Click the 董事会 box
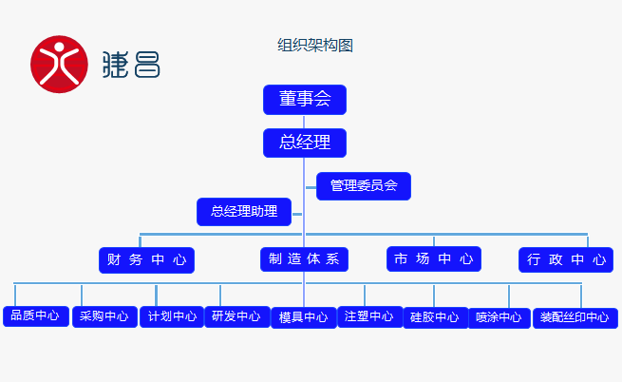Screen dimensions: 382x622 (304, 100)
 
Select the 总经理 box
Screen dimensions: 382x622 (304, 143)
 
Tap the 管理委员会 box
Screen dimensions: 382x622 (364, 186)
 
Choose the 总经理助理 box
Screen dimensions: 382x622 (244, 212)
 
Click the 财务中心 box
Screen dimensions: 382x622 (146, 259)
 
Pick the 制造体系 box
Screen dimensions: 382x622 (304, 259)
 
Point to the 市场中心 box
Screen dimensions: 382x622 (433, 258)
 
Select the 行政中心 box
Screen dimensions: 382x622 (565, 259)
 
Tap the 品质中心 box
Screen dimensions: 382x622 (35, 315)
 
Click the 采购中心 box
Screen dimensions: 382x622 (104, 316)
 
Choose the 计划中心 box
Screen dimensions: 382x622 (172, 316)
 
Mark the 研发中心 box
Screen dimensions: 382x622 (236, 316)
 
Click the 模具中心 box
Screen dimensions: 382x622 (304, 317)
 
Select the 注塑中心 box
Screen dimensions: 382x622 (369, 316)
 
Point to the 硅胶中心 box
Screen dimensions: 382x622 (435, 317)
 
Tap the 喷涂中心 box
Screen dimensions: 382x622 (499, 317)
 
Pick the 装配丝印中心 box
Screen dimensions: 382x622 (575, 317)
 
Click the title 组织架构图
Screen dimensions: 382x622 (315, 46)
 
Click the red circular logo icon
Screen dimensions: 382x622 (59, 65)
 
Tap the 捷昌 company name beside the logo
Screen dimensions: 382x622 (131, 65)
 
